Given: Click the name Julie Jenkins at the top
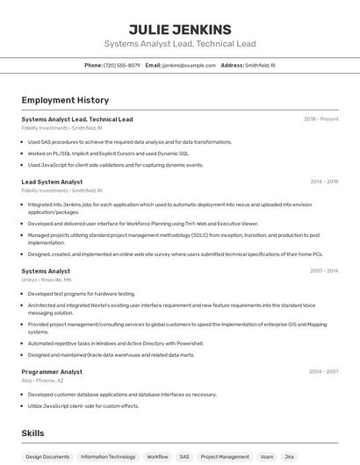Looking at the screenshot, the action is (180, 29).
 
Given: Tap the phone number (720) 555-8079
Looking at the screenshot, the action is (121, 65).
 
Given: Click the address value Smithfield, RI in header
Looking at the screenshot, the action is (260, 65).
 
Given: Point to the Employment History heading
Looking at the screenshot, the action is (65, 100).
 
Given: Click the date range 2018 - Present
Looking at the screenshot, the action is (320, 119).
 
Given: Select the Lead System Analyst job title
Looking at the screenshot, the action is (52, 182).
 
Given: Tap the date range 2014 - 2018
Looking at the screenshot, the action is (324, 182).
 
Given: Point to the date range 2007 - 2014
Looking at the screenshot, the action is (324, 271).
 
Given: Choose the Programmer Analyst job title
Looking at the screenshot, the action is (52, 371).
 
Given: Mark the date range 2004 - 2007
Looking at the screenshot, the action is (324, 371).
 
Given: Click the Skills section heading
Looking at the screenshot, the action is (33, 433).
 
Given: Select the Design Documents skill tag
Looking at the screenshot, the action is (47, 456).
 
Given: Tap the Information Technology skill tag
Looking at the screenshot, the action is (108, 456).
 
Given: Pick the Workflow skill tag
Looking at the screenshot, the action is (157, 456).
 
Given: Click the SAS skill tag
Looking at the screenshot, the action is (184, 456).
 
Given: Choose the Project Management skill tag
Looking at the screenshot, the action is (225, 456).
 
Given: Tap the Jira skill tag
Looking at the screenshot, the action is (290, 456).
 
